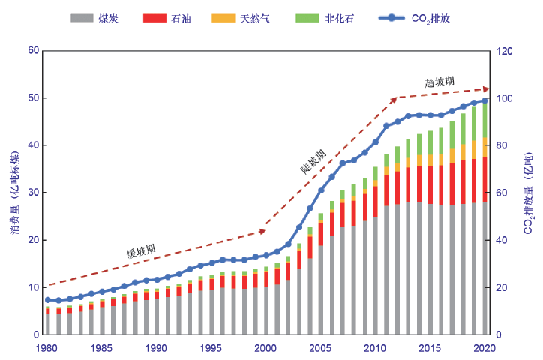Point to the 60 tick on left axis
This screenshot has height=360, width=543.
click(33, 51)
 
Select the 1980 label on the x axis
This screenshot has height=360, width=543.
click(47, 348)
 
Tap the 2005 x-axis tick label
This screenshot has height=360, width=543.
click(320, 348)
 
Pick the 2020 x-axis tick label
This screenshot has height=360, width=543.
click(484, 348)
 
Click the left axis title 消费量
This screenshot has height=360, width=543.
click(14, 192)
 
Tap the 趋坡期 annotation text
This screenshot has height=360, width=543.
click(439, 81)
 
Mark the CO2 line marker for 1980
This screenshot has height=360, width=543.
click(47, 300)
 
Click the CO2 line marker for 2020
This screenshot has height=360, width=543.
click(484, 100)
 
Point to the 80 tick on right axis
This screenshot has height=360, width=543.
click(500, 145)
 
